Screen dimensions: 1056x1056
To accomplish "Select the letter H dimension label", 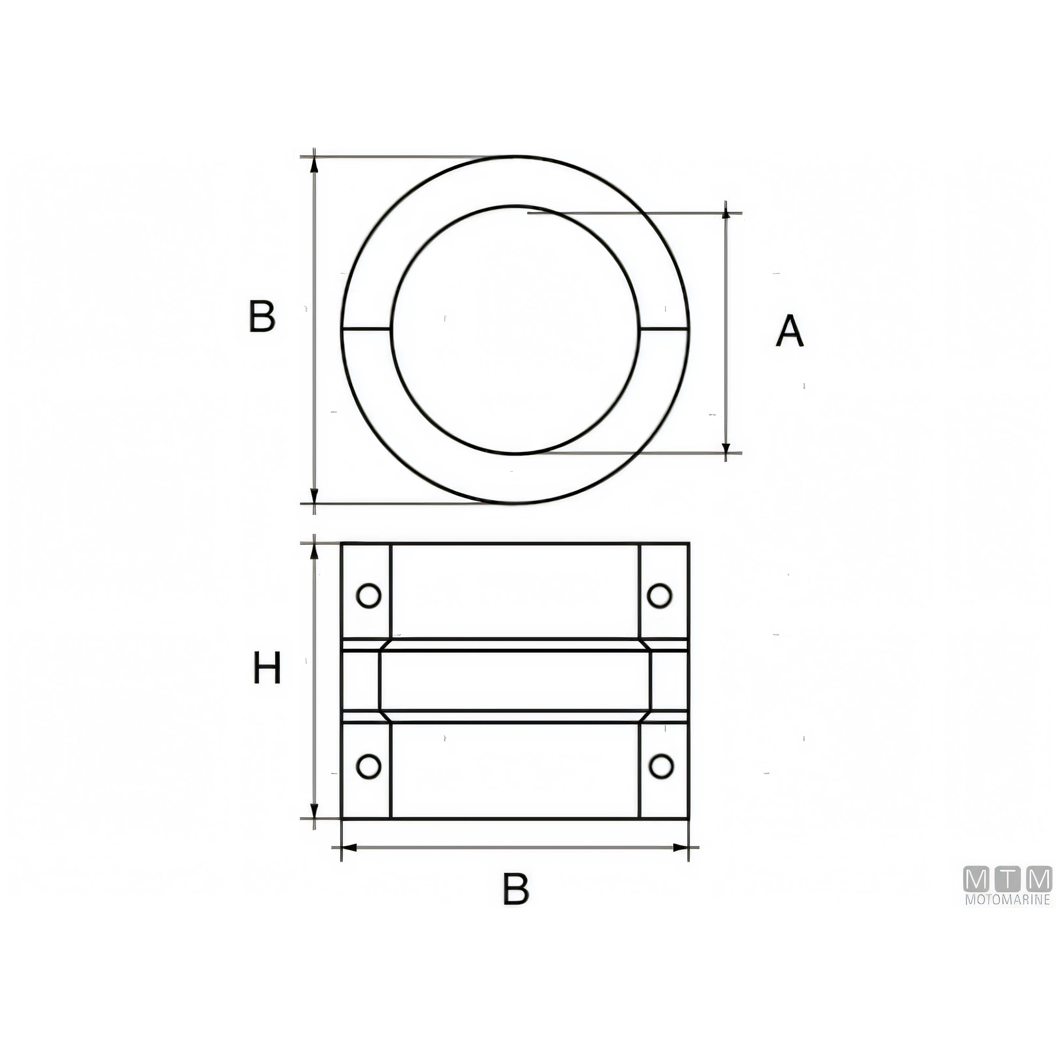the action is click(267, 668).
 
